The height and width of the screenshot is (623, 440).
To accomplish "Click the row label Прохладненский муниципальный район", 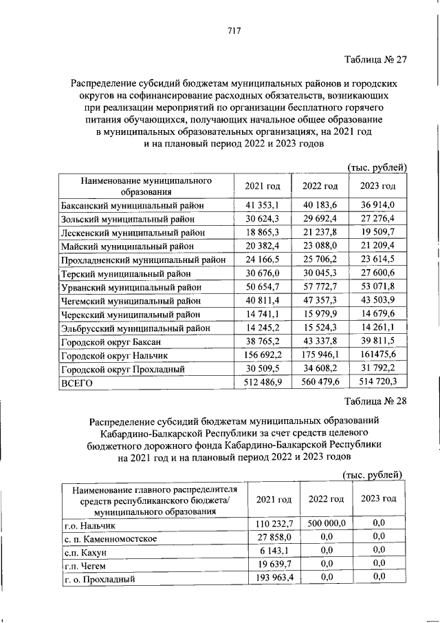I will coord(143,260).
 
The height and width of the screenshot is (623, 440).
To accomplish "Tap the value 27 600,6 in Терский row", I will coord(378,273).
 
